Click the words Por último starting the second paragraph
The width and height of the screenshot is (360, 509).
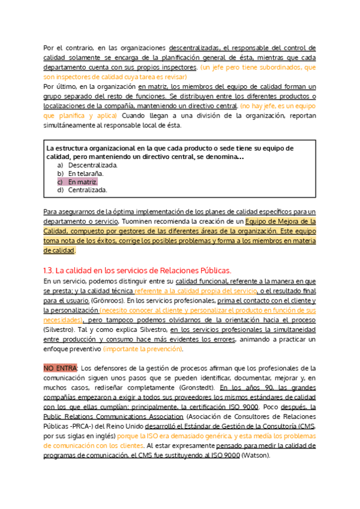(60, 87)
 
